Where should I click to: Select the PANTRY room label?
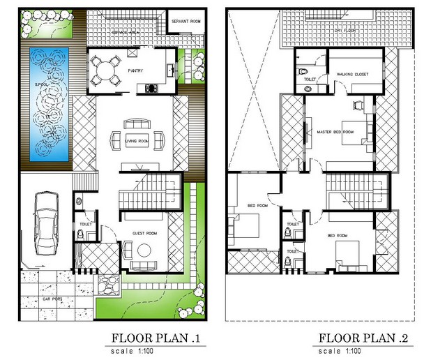pyautogui.click(x=135, y=70)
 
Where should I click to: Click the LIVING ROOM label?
pyautogui.click(x=136, y=142)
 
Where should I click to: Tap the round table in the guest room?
pyautogui.click(x=144, y=250)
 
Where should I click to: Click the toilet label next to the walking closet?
pyautogui.click(x=309, y=80)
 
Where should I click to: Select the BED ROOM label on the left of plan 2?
pyautogui.click(x=257, y=205)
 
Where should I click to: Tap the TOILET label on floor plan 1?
pyautogui.click(x=86, y=224)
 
